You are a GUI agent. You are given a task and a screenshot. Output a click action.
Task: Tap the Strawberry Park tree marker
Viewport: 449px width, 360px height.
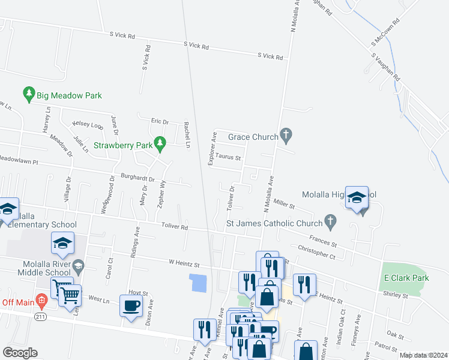coord(159,143)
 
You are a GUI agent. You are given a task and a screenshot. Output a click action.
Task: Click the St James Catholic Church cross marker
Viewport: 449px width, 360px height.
coord(329,223)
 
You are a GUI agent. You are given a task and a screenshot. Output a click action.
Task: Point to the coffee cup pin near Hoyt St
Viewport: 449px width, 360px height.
coord(131,307)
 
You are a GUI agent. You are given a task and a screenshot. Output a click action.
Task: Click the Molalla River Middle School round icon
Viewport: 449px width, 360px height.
coord(78,265)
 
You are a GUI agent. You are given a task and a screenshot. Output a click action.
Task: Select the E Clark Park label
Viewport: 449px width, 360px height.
coord(406,278)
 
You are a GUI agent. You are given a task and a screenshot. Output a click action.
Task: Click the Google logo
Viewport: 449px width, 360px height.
coord(20,353)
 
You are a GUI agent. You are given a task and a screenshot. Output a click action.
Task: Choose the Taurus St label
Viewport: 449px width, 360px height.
coord(228,158)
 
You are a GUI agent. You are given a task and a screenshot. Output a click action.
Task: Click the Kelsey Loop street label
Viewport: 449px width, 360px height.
coord(88,124)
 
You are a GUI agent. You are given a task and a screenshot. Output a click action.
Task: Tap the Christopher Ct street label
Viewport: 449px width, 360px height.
coord(316,251)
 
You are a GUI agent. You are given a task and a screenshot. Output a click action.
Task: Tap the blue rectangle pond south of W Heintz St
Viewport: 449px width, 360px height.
coord(198,282)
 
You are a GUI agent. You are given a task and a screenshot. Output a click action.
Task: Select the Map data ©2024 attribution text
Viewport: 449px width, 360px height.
coord(423,355)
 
